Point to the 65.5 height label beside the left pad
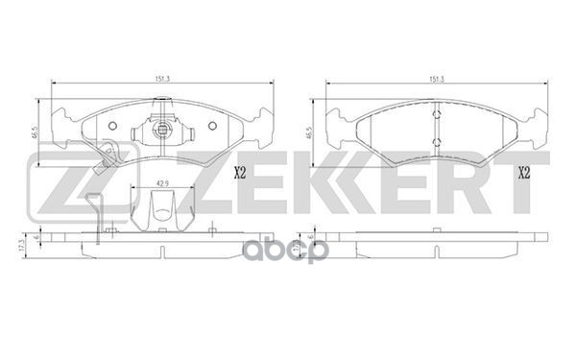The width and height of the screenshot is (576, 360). [x=36, y=132]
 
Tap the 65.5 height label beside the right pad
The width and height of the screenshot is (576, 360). [x=309, y=132]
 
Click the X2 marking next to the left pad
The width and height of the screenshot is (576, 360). [x=239, y=172]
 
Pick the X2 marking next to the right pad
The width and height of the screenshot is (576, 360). [x=524, y=172]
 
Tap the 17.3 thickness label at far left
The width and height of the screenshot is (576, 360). [x=23, y=245]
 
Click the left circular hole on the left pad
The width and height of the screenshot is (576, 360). [x=112, y=126]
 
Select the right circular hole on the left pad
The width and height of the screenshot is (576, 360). [x=212, y=126]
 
